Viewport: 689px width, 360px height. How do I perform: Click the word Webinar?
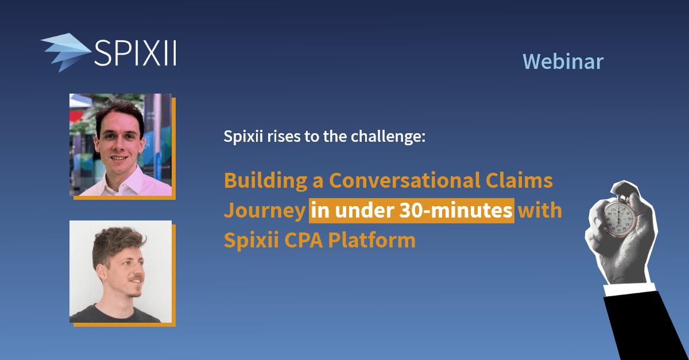click(x=563, y=61)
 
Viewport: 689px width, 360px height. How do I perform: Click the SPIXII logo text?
click(x=134, y=53)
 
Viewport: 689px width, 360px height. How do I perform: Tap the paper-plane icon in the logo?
click(x=65, y=52)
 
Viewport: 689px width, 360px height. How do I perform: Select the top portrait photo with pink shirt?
click(x=121, y=145)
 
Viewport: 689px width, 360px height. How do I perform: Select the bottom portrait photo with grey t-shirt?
click(x=121, y=272)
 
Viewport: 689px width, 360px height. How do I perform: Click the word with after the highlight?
click(x=539, y=211)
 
